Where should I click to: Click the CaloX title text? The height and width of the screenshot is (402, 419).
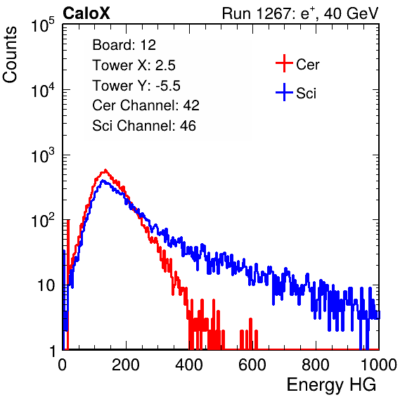(x=86, y=13)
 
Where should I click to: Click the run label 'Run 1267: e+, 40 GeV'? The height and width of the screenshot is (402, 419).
(x=300, y=13)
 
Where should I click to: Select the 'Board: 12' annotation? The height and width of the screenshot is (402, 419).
(x=124, y=45)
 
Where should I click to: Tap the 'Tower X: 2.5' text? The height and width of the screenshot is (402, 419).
(x=134, y=65)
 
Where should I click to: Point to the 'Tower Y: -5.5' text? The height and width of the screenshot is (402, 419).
(x=136, y=86)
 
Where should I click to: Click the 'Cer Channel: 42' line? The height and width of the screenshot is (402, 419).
(x=146, y=105)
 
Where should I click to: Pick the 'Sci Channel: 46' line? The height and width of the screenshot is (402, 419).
(x=144, y=126)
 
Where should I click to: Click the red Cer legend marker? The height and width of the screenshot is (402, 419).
(x=284, y=63)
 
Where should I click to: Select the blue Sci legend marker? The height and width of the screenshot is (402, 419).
(x=284, y=93)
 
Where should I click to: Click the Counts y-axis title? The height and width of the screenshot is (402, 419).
(x=10, y=55)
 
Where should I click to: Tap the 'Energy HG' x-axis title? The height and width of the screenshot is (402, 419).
(x=331, y=385)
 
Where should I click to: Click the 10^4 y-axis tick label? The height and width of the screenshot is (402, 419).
(x=43, y=90)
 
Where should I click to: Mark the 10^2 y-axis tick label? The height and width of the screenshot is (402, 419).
(x=43, y=220)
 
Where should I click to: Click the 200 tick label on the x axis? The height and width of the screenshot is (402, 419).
(x=126, y=365)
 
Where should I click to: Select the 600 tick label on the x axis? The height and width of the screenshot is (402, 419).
(x=252, y=365)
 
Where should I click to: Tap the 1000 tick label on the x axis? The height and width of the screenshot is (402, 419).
(x=379, y=365)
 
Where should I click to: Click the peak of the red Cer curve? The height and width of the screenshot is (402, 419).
(x=105, y=170)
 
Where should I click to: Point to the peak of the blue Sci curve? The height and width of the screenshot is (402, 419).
(x=103, y=181)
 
